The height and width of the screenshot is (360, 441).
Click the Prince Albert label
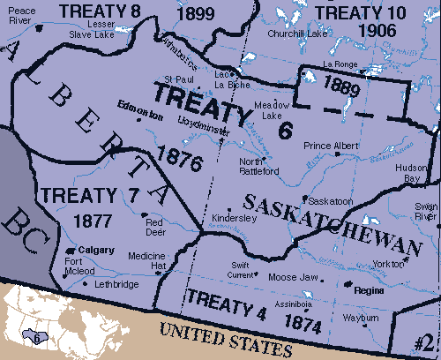(328, 145)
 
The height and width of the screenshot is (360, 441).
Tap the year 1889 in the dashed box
(341, 85)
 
